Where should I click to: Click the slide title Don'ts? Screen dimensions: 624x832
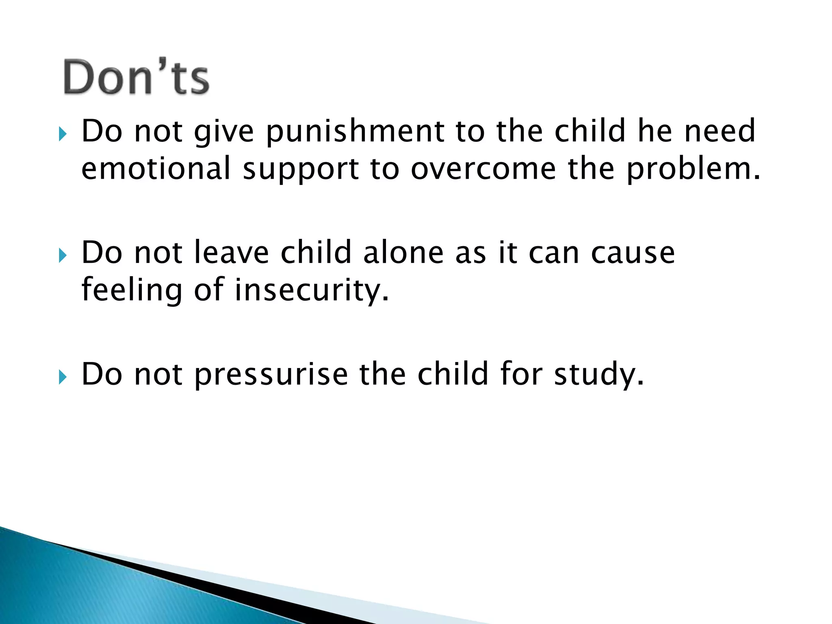coord(136,77)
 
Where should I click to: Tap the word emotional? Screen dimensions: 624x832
coord(156,169)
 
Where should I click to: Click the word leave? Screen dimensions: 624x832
coord(232,253)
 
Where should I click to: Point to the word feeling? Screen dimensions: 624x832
coord(132,290)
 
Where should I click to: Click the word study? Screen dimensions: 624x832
coord(599,375)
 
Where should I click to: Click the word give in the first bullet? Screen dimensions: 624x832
coord(224,132)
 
